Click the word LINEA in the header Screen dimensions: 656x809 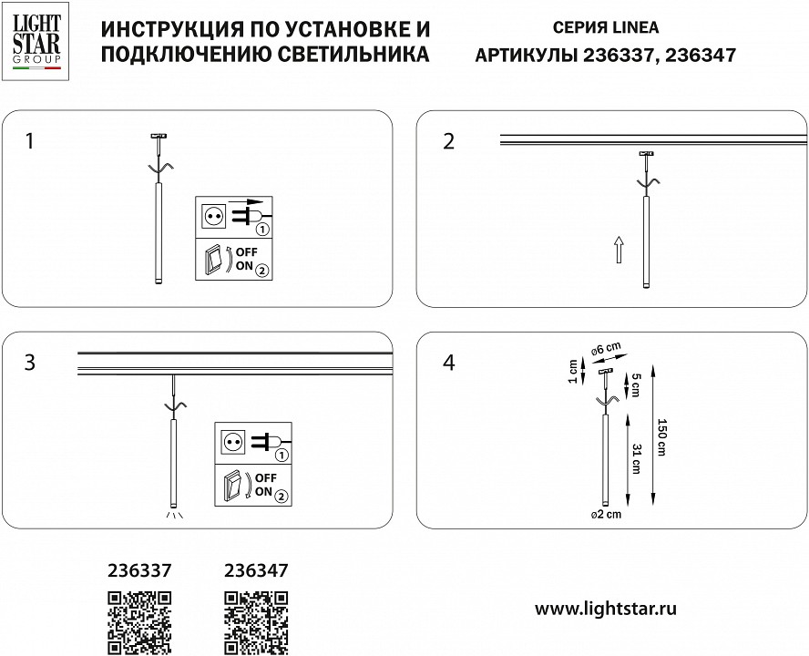[632, 28]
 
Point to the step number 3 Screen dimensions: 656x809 [31, 362]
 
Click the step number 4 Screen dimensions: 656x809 [447, 362]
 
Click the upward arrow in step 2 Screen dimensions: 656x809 [618, 249]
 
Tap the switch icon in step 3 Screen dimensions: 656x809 [233, 486]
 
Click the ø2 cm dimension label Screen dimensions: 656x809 [605, 515]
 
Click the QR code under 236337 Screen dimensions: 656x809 [140, 621]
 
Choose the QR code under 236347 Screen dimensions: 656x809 [256, 621]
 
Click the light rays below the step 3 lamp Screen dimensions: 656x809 [171, 515]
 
